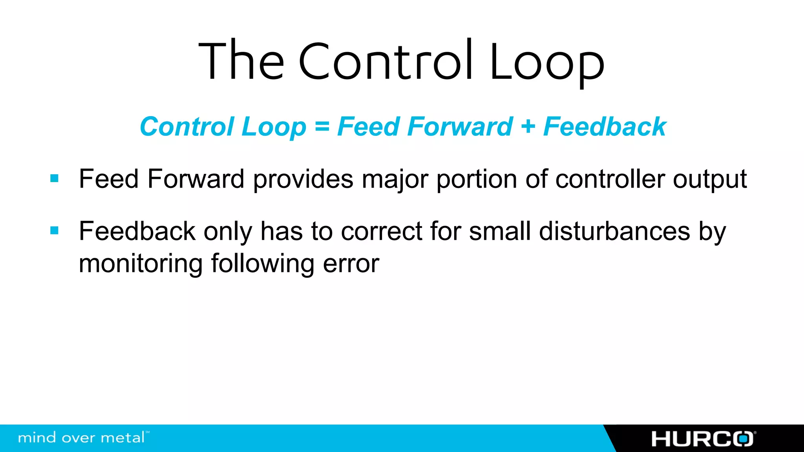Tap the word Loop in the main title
point(546,63)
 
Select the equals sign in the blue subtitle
point(322,127)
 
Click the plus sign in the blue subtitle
point(528,127)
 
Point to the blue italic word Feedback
point(605,127)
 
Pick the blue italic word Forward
point(460,127)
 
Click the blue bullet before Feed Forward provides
point(55,179)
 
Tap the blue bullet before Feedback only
point(55,230)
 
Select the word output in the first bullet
point(710,180)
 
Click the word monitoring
point(141,264)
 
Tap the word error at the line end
point(351,264)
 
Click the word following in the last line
point(263,264)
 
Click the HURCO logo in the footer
point(703,439)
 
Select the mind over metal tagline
point(82,437)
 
